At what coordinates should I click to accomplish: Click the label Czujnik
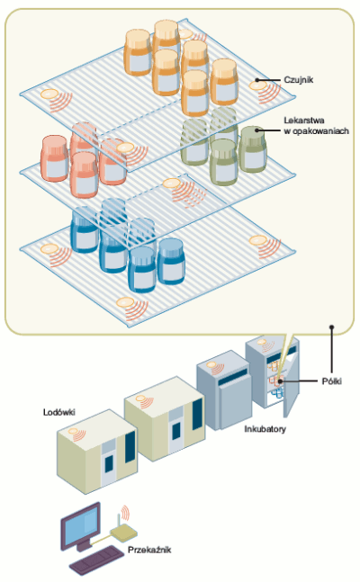coord(298,80)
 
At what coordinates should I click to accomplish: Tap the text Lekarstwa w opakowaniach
coord(316,125)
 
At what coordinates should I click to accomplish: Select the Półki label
coord(332,381)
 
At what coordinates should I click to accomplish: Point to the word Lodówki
coord(59,412)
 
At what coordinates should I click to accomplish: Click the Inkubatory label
coord(265,429)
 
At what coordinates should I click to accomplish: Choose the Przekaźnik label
coord(149,550)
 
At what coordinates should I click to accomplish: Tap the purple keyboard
coord(96,560)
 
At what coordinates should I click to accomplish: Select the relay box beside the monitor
coord(123,533)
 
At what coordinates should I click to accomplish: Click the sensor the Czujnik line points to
coord(257,85)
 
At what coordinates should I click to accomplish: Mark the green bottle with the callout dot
coord(253,148)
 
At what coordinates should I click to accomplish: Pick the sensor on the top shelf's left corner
coord(49,94)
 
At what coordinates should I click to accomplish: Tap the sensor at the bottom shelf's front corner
coord(125,302)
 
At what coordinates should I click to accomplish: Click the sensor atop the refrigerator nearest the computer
coord(73,431)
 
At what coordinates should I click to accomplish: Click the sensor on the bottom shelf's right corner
coord(257,240)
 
